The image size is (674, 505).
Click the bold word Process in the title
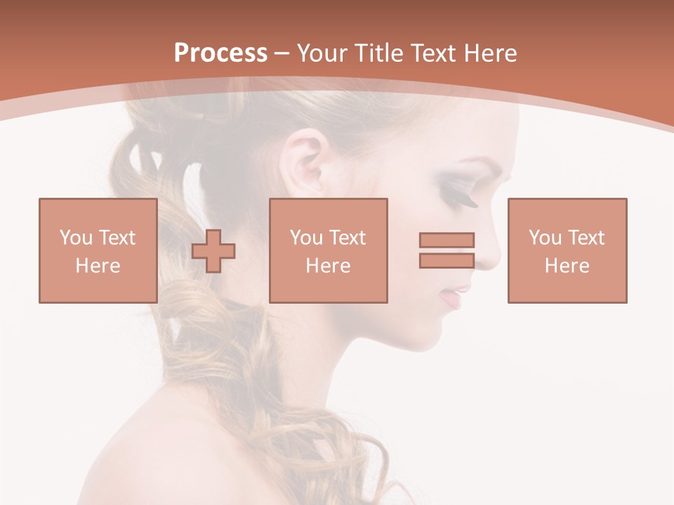(x=220, y=53)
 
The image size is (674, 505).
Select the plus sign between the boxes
(x=213, y=251)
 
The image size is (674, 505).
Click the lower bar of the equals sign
(x=447, y=260)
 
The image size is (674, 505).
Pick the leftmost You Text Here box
(x=98, y=250)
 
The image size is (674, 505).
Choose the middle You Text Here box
(x=328, y=250)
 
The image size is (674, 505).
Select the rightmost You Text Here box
(x=567, y=250)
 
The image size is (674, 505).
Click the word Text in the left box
(x=117, y=238)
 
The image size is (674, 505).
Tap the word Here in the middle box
(x=328, y=266)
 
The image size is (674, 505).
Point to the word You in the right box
(x=544, y=238)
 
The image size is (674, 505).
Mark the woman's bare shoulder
(x=183, y=449)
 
